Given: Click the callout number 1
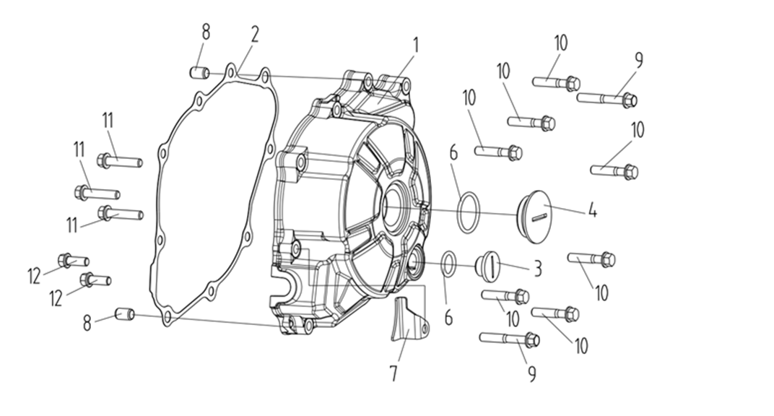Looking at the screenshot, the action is point(416,45).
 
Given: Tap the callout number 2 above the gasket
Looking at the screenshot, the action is point(255,35).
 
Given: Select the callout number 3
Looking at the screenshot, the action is point(538,269).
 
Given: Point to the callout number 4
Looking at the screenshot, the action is point(592,210).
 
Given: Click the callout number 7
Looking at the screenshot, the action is point(393,373).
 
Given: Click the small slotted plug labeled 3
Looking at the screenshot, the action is point(487,265).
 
